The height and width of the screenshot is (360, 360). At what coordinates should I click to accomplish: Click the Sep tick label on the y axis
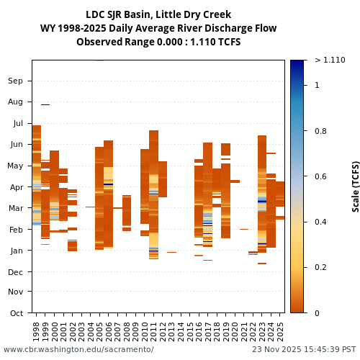15,81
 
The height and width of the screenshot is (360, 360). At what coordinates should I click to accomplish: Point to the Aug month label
15,102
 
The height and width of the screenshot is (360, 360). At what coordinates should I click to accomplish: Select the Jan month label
16,251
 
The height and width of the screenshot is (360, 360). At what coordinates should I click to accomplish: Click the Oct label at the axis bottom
16,313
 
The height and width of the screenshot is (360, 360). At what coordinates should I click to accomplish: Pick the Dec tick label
15,271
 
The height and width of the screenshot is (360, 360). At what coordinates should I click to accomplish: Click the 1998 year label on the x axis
37,331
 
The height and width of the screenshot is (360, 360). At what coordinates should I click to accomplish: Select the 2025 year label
280,331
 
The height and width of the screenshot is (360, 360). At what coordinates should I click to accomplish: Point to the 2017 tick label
208,331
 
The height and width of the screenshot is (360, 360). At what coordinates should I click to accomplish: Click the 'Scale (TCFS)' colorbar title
356,186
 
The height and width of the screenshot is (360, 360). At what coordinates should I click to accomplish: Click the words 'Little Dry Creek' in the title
194,14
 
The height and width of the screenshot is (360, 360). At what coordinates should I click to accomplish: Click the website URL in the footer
78,350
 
